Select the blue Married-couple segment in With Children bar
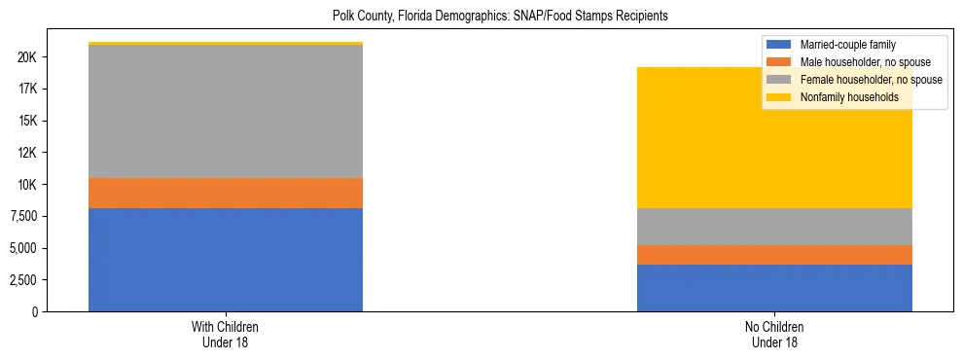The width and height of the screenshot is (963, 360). pyautogui.click(x=226, y=260)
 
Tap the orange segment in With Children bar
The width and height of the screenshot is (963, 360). pyautogui.click(x=226, y=193)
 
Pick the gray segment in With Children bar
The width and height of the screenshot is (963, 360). pyautogui.click(x=226, y=112)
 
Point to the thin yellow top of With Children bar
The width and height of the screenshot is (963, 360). pyautogui.click(x=226, y=44)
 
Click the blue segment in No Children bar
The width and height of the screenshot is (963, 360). pyautogui.click(x=774, y=288)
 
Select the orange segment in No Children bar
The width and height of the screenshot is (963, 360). pyautogui.click(x=774, y=255)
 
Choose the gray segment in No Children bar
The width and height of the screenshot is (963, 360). pyautogui.click(x=774, y=227)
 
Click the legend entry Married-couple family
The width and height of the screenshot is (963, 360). pyautogui.click(x=847, y=45)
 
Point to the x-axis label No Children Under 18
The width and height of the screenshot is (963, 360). pyautogui.click(x=774, y=335)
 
